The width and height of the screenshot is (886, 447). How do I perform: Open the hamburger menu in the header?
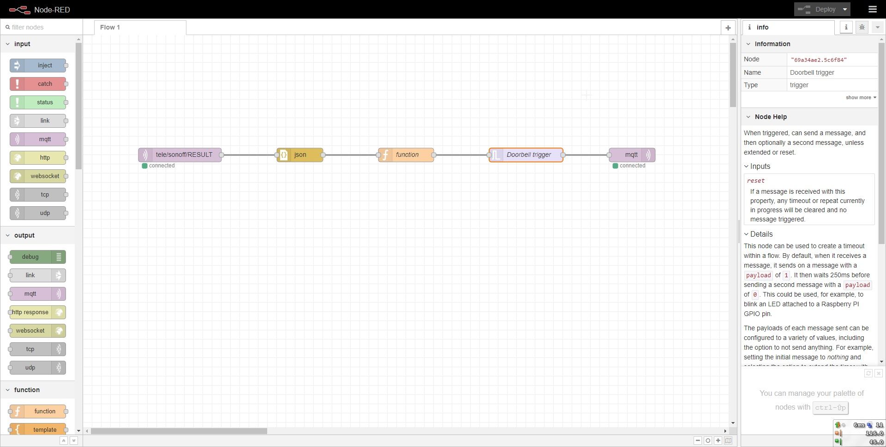(x=872, y=9)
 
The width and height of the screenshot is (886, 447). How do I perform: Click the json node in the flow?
(x=300, y=155)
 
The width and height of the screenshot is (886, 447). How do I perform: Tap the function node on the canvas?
(x=406, y=155)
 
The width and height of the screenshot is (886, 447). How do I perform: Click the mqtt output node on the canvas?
(x=632, y=155)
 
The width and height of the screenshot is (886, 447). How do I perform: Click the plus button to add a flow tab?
(x=728, y=28)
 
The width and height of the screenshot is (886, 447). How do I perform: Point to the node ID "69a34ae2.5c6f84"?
(x=819, y=60)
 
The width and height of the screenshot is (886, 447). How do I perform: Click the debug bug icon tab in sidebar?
(x=862, y=28)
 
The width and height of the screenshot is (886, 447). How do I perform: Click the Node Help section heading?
(x=771, y=117)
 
